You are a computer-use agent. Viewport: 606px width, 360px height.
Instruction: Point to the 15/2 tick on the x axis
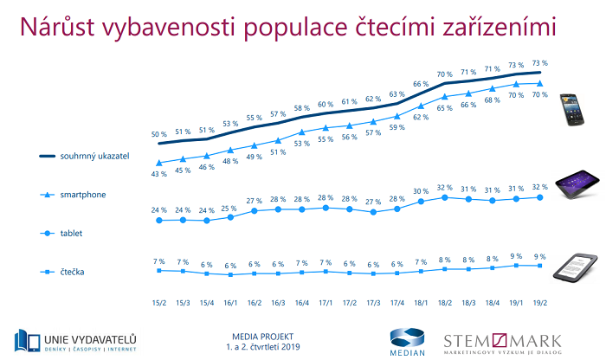tap(159, 303)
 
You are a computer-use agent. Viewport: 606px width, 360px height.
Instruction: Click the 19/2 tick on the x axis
tap(539, 303)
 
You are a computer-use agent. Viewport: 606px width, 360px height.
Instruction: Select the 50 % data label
tap(159, 134)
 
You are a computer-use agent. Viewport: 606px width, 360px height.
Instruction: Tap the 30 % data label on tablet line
tap(421, 191)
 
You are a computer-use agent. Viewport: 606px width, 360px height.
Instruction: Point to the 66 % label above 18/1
tap(421, 84)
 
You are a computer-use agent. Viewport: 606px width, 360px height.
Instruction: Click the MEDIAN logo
tap(406, 340)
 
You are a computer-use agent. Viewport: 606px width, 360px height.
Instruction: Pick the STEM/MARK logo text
tap(503, 338)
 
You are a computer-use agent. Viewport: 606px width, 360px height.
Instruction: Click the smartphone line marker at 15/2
tap(159, 163)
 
